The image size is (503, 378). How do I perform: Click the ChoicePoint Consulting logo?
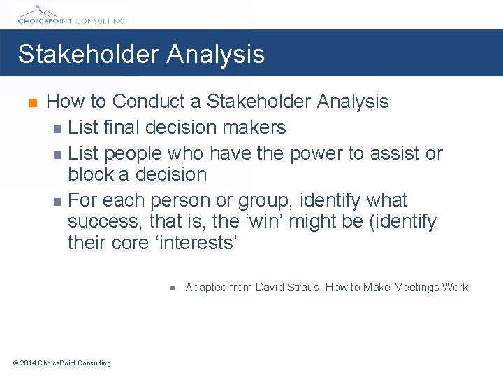[x=69, y=14]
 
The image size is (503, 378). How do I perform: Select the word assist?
[x=393, y=153]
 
